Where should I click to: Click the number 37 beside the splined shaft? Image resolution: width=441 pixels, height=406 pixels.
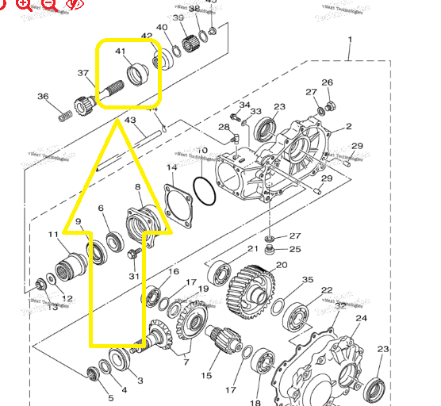[x=83, y=73]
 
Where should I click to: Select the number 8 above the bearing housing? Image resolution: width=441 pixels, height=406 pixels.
[x=138, y=187]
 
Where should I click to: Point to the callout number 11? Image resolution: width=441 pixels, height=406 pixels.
[x=53, y=235]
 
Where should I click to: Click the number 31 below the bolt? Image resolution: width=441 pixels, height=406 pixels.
[x=134, y=276]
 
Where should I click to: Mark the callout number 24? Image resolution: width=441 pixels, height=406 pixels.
[x=362, y=319]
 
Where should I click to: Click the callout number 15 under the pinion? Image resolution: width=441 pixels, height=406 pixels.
[x=207, y=376]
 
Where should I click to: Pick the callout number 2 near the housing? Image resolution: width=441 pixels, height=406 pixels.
[x=348, y=127]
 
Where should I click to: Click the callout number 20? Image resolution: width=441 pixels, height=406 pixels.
[x=281, y=265]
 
